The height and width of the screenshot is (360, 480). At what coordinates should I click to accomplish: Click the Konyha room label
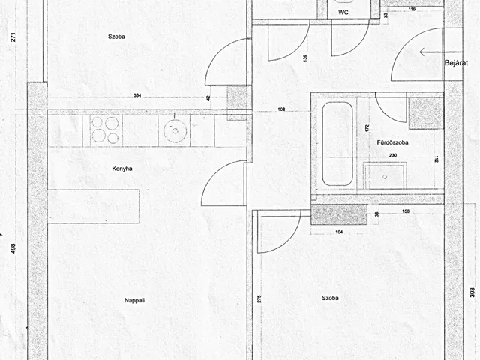pos(122,169)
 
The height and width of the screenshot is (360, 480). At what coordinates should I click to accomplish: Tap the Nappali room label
pos(134,300)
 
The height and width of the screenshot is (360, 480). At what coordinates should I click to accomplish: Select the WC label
pos(343,13)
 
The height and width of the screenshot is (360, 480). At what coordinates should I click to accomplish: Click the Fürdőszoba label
pos(392,142)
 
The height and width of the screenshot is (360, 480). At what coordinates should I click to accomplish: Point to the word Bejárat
pos(456,63)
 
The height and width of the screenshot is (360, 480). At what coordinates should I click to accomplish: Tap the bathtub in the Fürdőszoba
pos(337,144)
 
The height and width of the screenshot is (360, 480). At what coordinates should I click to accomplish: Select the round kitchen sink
pos(175,130)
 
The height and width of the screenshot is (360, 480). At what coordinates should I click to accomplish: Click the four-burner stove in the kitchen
pos(106,130)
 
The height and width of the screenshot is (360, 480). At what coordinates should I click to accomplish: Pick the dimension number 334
pos(137,95)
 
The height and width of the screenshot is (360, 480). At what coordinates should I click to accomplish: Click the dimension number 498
pos(13,248)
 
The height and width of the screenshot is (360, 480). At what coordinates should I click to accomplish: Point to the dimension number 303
pos(472,292)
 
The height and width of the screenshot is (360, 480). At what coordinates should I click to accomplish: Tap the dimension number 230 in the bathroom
pos(393,155)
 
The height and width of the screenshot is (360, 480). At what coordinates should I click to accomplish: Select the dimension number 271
pos(13,37)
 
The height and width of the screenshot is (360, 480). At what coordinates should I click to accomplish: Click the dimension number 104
pos(339,232)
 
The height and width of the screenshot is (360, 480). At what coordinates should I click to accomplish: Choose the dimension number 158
pos(406,211)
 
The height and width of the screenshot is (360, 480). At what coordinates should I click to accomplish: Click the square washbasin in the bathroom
pos(385,177)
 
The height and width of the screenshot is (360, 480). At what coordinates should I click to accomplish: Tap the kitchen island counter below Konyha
pos(94,206)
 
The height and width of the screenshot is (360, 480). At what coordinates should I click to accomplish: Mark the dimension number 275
pos(259,298)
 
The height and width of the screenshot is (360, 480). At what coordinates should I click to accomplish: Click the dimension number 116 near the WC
pos(412,9)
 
